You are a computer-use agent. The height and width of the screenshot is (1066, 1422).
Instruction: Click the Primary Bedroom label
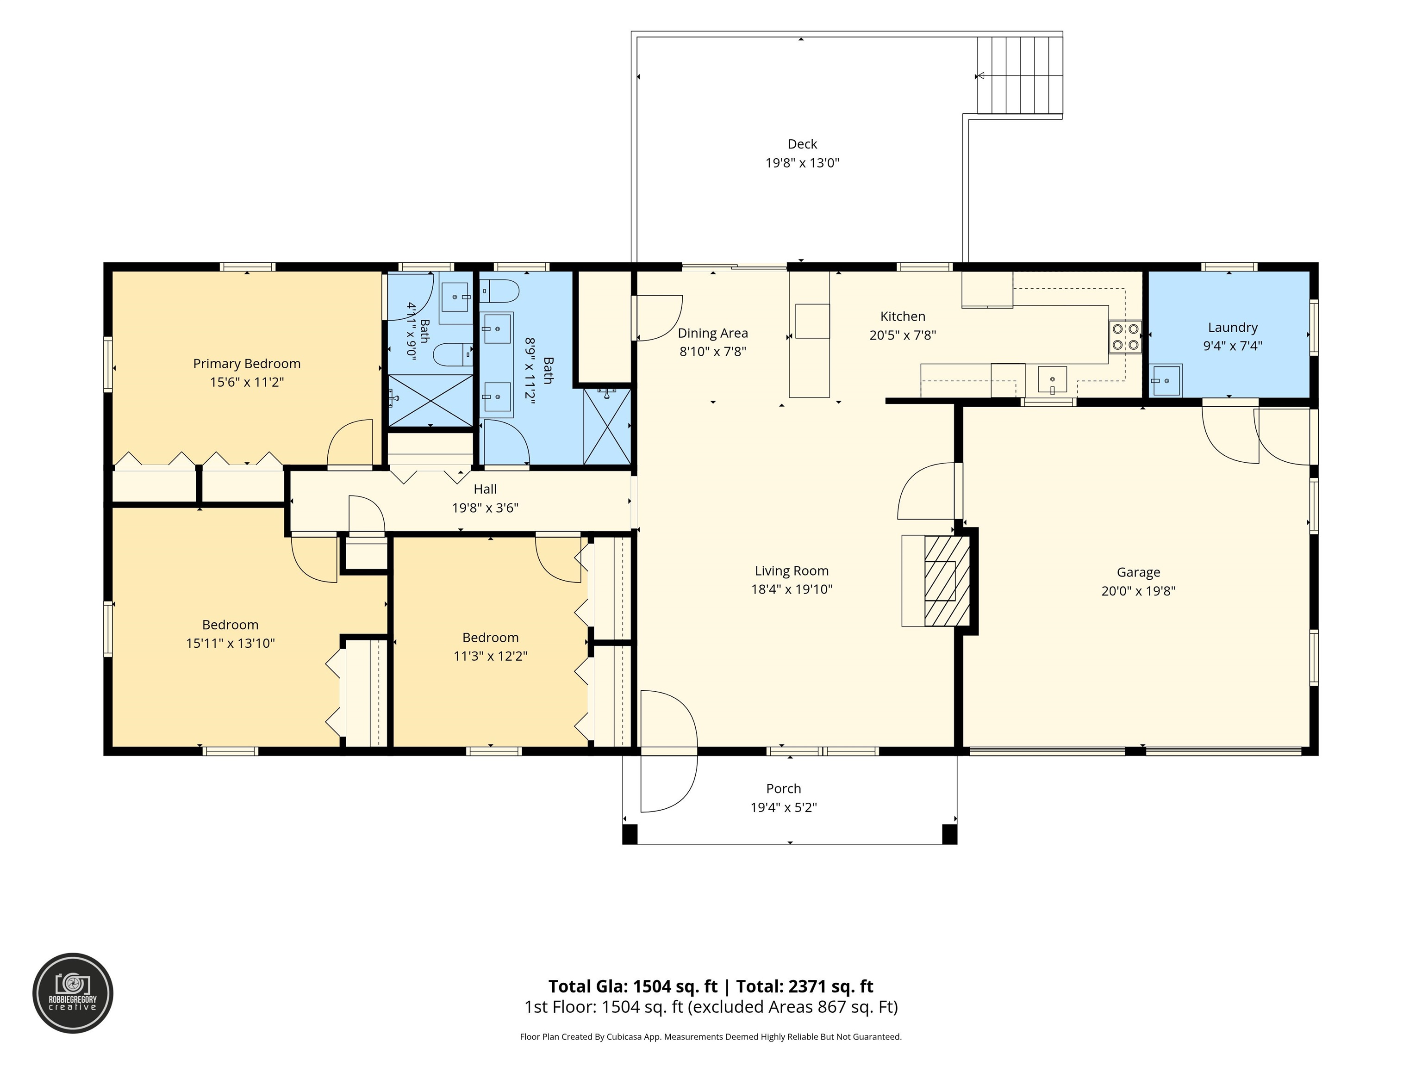point(247,364)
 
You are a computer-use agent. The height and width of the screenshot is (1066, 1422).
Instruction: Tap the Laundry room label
point(1232,328)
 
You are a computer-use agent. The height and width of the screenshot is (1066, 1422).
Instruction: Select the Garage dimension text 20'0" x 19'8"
point(1139,591)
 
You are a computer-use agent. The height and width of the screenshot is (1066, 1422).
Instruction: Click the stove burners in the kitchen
point(1125,337)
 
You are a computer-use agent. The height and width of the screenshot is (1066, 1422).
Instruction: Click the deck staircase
point(1020,76)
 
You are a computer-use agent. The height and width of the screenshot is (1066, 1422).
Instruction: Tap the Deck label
point(802,144)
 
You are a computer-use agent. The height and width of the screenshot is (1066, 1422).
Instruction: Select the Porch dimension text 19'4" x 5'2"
point(784,807)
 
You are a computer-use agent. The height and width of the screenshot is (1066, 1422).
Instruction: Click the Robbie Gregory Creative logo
point(73,993)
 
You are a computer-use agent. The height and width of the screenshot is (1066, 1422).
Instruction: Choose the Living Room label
point(792,570)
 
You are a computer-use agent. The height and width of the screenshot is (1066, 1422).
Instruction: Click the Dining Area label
point(713,333)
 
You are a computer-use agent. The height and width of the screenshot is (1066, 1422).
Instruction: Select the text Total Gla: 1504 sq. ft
point(633,986)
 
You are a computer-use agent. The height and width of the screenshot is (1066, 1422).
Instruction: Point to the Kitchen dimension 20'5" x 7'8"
point(903,335)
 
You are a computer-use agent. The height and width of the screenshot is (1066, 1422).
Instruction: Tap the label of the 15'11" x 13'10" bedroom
point(230,625)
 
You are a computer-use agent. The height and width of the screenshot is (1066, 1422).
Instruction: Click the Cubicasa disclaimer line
point(711,1036)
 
